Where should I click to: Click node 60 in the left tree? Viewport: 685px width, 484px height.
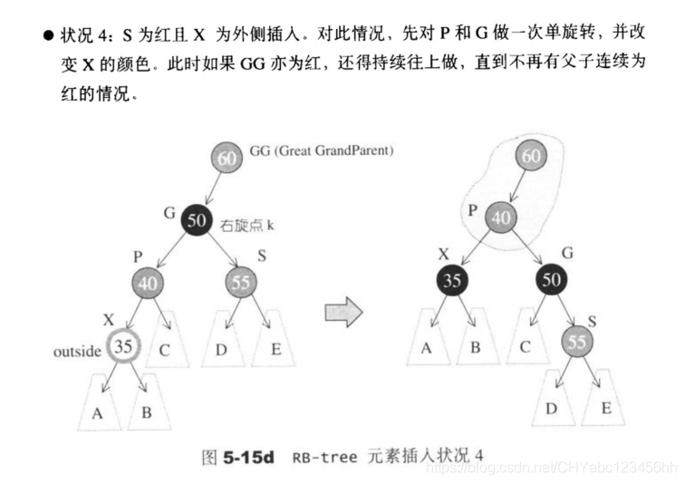(227, 157)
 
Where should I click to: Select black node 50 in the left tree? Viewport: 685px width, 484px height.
(196, 219)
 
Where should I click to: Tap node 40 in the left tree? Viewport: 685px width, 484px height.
(149, 283)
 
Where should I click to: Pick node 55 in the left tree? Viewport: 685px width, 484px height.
(240, 283)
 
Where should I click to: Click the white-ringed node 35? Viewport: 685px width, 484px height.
(124, 345)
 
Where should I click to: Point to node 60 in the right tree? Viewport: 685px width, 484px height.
(532, 157)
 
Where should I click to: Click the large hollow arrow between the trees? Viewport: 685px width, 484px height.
(342, 313)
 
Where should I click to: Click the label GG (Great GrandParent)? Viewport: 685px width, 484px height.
(309, 150)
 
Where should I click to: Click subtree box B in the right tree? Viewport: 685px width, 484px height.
(476, 344)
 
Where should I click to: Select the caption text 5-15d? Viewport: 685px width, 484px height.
(247, 457)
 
